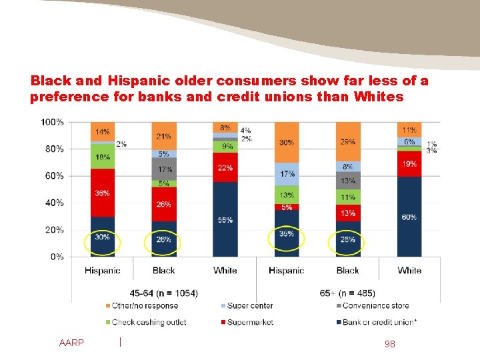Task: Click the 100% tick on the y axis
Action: click(52, 122)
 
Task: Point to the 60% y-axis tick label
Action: click(54, 176)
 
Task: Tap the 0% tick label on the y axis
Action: click(57, 257)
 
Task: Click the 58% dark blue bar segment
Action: click(225, 219)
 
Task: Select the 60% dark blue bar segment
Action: click(409, 217)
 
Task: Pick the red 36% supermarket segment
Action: click(103, 193)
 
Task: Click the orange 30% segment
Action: click(287, 142)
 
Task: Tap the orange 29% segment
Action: click(347, 142)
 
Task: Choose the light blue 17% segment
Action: click(287, 174)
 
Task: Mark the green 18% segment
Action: click(103, 157)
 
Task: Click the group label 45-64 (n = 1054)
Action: click(163, 293)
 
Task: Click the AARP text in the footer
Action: click(71, 343)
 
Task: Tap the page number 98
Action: click(390, 343)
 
